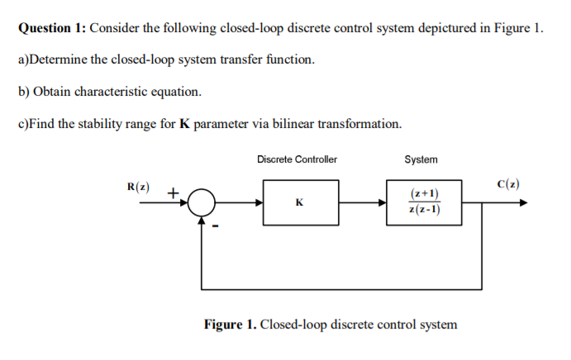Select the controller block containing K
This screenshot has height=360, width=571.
click(x=298, y=201)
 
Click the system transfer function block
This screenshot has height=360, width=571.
click(x=423, y=201)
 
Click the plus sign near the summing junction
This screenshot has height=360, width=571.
click(x=173, y=192)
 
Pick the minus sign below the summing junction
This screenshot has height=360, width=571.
click(x=215, y=226)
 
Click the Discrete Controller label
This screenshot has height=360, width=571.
click(x=297, y=159)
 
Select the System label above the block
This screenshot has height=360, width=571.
click(x=421, y=159)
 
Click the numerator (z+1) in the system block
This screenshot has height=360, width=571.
click(x=424, y=194)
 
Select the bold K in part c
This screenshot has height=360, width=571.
click(x=184, y=124)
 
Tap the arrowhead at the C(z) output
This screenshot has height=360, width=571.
click(x=521, y=202)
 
